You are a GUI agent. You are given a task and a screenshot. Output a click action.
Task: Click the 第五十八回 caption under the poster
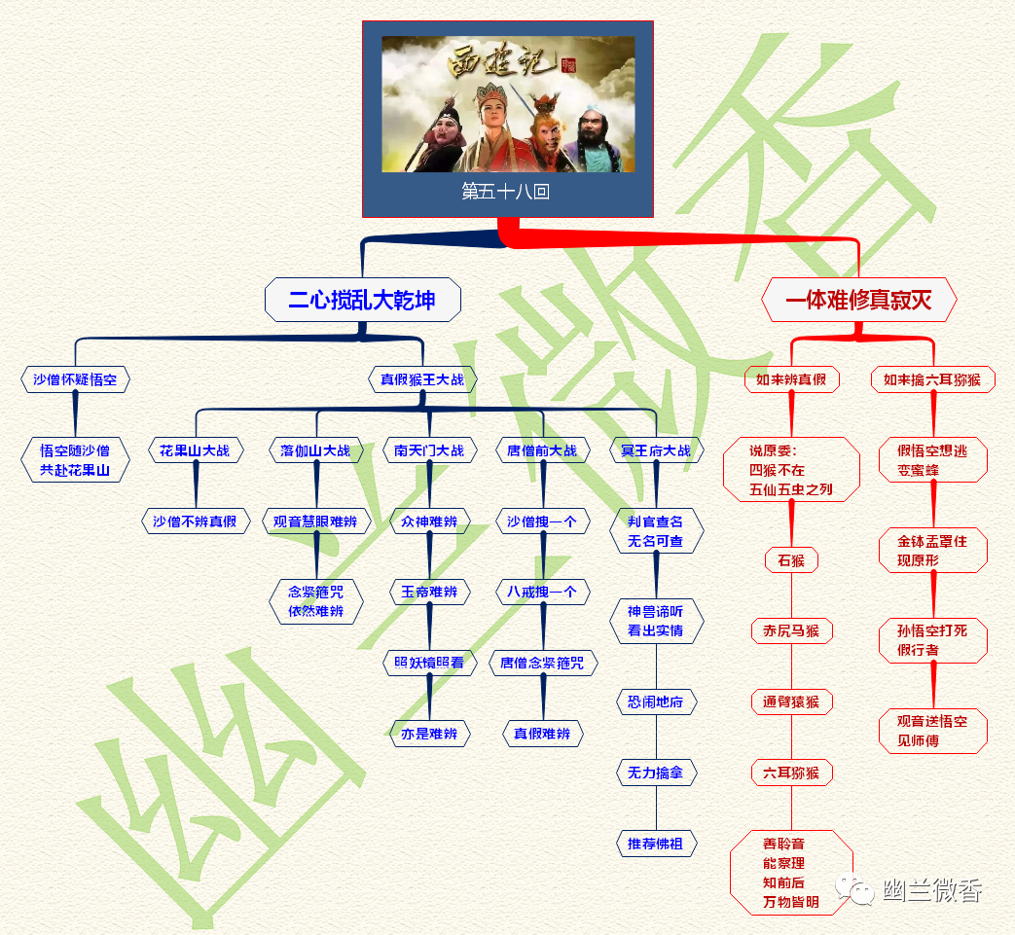(x=506, y=192)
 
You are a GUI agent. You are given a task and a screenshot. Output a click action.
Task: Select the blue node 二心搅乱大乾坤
(x=362, y=300)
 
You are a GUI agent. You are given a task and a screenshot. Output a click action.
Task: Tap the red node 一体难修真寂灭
(x=858, y=300)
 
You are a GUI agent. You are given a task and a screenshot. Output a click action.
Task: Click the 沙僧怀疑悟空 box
(x=75, y=379)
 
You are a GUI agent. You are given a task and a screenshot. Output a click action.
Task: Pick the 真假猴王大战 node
(x=422, y=379)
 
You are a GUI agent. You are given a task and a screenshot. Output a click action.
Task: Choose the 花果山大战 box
(x=196, y=450)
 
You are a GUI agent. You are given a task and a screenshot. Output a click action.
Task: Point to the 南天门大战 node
(x=429, y=450)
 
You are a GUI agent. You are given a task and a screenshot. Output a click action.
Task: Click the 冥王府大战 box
(x=656, y=450)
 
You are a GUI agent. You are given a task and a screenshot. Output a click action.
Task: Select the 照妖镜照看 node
(x=429, y=663)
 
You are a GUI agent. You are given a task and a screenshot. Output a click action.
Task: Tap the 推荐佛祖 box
(x=656, y=844)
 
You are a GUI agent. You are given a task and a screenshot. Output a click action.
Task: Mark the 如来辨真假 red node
(x=791, y=379)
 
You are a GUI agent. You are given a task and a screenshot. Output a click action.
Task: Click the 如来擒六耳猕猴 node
(x=932, y=379)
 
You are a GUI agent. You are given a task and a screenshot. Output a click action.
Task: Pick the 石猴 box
(x=791, y=560)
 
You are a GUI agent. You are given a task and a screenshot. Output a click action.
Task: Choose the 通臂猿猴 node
(x=791, y=701)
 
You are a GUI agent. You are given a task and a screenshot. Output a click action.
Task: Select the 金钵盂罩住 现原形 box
(x=932, y=551)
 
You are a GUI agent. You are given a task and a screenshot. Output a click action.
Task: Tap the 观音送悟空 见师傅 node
(x=932, y=731)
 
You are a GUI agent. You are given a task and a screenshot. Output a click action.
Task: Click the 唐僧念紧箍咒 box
(x=542, y=663)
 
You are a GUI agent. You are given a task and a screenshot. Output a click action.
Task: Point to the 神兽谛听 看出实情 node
(x=656, y=621)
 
